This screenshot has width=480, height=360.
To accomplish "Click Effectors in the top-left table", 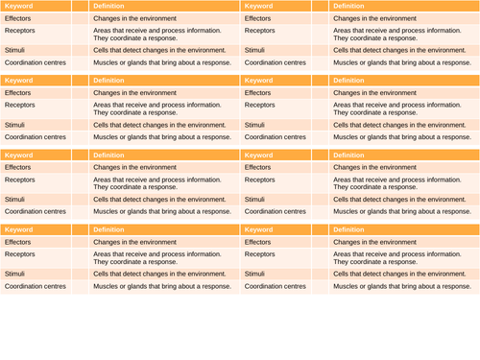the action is click(x=17, y=18).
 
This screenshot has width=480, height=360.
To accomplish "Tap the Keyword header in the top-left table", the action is click(x=18, y=6).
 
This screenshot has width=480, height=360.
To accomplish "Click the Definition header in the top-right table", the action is click(x=348, y=6).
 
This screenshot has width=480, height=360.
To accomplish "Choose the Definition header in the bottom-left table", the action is click(x=108, y=229).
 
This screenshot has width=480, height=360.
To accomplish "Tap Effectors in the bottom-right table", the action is click(x=257, y=242).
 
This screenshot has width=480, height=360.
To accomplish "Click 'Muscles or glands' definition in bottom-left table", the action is click(x=161, y=286).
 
